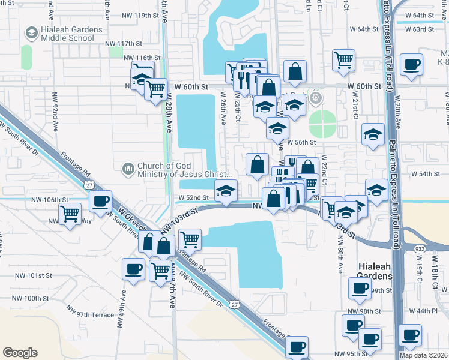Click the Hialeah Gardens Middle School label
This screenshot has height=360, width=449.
(x=67, y=34)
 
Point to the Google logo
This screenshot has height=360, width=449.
(x=20, y=352)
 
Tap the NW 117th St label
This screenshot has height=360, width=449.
(x=123, y=43)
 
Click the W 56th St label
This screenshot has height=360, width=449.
(x=302, y=142)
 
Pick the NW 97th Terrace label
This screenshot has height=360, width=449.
(x=91, y=314)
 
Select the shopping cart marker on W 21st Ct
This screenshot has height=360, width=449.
(x=343, y=59)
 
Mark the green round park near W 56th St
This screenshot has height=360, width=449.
(x=324, y=124)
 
